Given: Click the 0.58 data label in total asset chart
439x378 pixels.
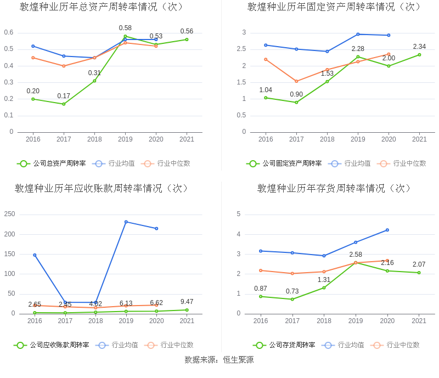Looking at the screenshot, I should (125, 28).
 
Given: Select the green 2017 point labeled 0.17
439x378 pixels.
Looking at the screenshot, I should (64, 104).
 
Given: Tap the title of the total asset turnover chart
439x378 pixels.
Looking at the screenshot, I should (102, 7).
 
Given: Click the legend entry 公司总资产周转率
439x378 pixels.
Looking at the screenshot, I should (52, 163).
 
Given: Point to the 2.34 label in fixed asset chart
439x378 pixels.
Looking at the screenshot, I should (419, 47).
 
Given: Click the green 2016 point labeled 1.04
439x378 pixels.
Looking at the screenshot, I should (266, 98).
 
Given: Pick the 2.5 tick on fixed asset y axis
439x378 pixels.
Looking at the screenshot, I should (241, 49).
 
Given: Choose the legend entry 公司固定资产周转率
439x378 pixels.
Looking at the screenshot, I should (284, 163).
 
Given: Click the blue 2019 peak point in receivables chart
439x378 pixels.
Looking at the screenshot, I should (126, 222).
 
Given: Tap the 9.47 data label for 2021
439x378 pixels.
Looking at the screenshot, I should (187, 302).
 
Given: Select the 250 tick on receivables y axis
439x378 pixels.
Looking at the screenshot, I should (9, 214).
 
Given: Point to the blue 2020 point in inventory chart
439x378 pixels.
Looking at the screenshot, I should (387, 230).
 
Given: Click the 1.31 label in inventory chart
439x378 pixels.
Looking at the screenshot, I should (324, 280).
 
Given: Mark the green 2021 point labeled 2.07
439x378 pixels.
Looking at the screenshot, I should (419, 273).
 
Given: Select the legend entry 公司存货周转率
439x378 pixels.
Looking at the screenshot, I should (284, 345).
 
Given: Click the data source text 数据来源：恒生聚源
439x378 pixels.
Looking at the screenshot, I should (219, 360).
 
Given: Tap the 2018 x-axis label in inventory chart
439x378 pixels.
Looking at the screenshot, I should (324, 321).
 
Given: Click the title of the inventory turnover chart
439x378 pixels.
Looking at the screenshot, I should (335, 189).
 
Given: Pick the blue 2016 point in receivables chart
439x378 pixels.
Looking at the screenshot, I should (35, 255).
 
